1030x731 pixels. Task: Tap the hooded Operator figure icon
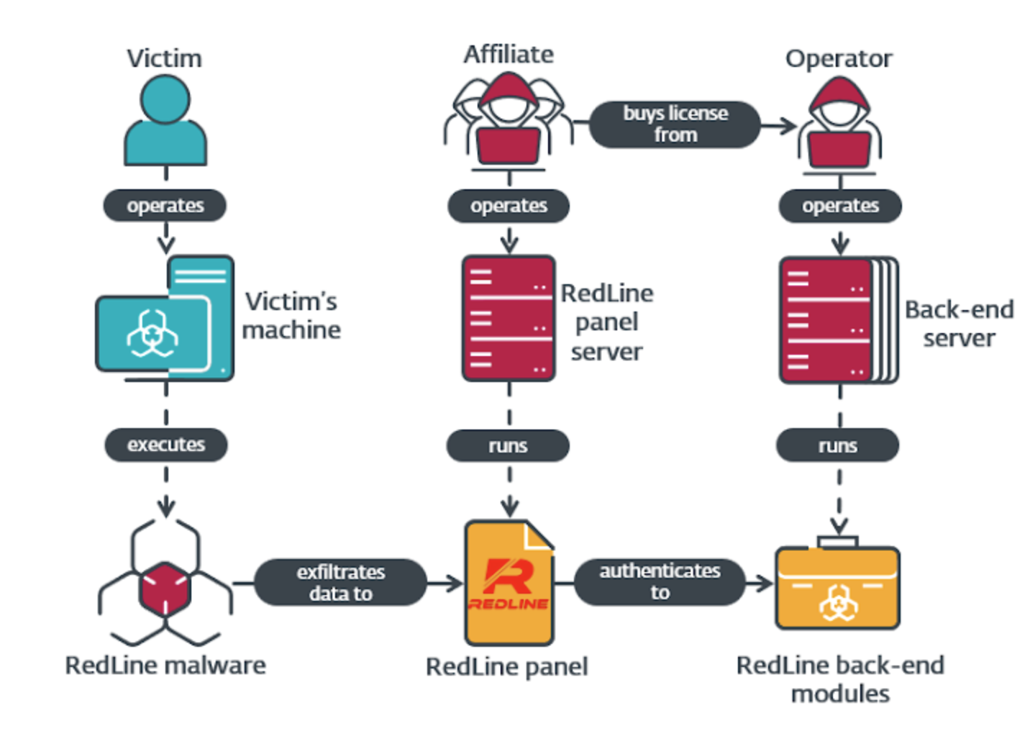pyautogui.click(x=839, y=126)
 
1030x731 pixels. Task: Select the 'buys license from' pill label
pyautogui.click(x=675, y=124)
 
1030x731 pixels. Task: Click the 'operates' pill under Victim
pyautogui.click(x=165, y=206)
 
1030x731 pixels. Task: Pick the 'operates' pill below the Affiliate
pyautogui.click(x=509, y=206)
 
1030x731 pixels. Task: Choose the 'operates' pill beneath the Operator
pyautogui.click(x=840, y=206)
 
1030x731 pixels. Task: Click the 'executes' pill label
pyautogui.click(x=166, y=445)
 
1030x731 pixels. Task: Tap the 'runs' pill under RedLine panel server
pyautogui.click(x=508, y=446)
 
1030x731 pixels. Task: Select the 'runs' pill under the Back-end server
pyautogui.click(x=837, y=446)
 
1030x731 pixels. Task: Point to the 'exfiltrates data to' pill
pyautogui.click(x=340, y=582)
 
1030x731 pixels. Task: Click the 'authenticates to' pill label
pyautogui.click(x=660, y=581)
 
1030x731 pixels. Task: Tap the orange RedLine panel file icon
pyautogui.click(x=509, y=583)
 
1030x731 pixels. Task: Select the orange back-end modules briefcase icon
pyautogui.click(x=838, y=586)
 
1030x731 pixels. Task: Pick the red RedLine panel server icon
pyautogui.click(x=509, y=318)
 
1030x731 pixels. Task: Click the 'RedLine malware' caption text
pyautogui.click(x=165, y=666)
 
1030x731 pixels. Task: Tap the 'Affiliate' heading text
pyautogui.click(x=509, y=55)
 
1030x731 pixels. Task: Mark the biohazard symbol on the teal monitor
pyautogui.click(x=152, y=334)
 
